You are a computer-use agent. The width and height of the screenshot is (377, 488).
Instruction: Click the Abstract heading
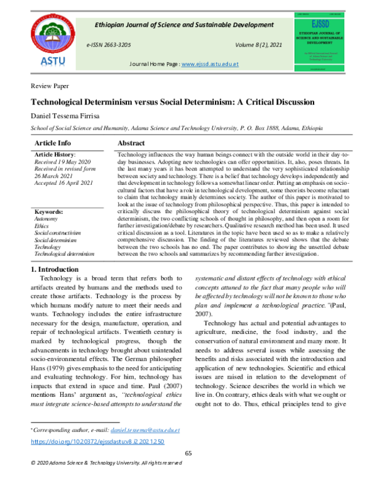pyautogui.click(x=132, y=143)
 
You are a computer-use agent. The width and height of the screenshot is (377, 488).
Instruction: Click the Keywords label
pyautogui.click(x=49, y=213)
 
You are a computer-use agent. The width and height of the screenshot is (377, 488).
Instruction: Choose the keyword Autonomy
pyautogui.click(x=46, y=219)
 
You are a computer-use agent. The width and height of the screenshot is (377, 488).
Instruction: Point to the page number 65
pyautogui.click(x=188, y=454)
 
